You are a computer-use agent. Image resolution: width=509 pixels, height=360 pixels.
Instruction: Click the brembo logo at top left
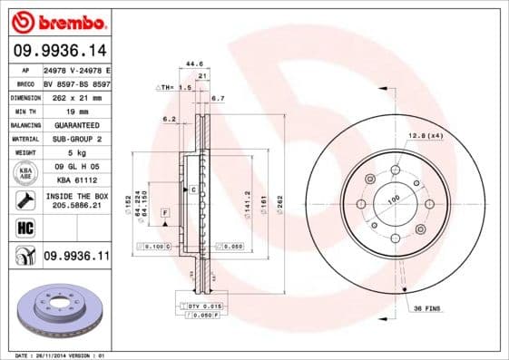pos(55,21)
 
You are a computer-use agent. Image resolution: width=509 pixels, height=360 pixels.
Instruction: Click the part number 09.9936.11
pos(76,258)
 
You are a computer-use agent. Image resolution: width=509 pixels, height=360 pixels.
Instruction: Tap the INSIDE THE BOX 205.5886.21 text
pos(75,201)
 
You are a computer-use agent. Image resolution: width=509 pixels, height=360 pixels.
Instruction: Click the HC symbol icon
pos(25,229)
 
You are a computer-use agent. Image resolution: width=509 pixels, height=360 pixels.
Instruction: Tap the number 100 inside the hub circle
pos(394,199)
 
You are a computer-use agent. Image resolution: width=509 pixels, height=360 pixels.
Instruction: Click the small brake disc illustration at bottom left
pos(59,311)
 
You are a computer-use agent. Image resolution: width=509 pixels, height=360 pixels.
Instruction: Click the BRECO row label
pos(25,82)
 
